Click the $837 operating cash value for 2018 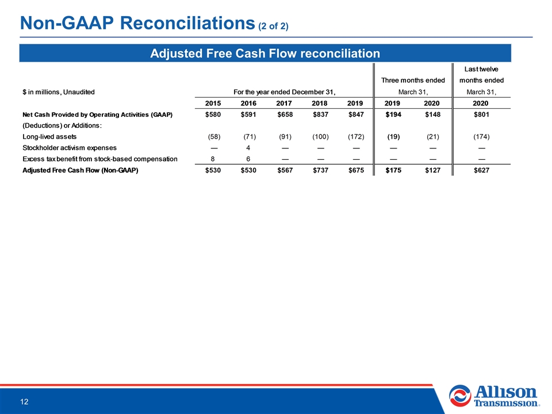click(320, 114)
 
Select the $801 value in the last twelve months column click(481, 114)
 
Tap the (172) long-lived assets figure click(356, 137)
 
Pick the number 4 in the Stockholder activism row click(248, 148)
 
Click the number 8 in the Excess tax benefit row click(213, 159)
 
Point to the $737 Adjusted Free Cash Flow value click(320, 170)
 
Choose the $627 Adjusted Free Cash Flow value click(481, 170)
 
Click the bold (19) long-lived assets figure click(393, 137)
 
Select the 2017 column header click(283, 103)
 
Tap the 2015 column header click(213, 103)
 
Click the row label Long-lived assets click(49, 137)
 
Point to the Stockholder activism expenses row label click(70, 148)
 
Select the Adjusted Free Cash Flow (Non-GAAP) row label click(80, 170)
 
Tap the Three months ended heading click(413, 80)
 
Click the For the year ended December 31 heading click(285, 92)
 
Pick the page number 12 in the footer click(24, 402)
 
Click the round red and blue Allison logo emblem click(460, 396)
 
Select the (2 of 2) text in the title click(274, 26)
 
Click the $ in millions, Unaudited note click(59, 92)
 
